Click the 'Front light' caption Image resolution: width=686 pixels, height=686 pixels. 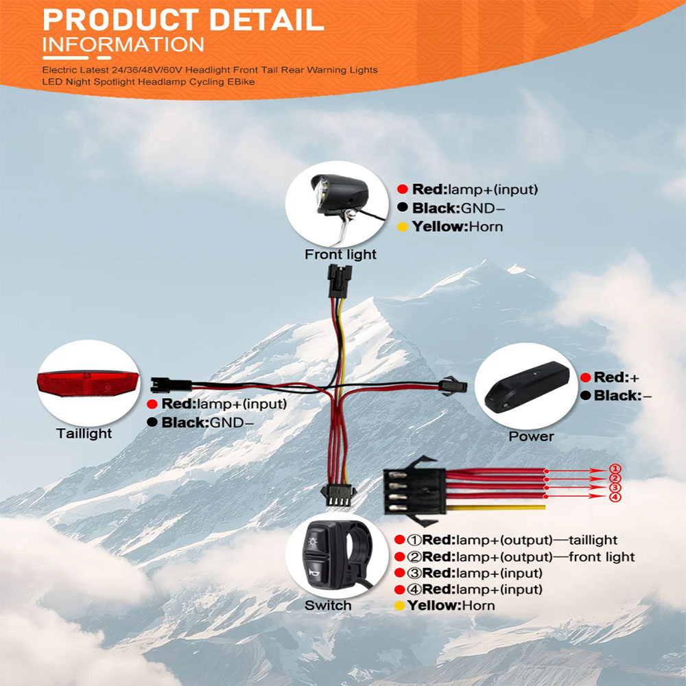click(x=340, y=255)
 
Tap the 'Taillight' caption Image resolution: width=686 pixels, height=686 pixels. click(x=84, y=433)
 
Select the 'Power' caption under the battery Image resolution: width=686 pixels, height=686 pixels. click(x=531, y=436)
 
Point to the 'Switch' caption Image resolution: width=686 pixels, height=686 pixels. click(x=328, y=606)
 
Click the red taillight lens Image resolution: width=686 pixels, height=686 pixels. click(x=88, y=383)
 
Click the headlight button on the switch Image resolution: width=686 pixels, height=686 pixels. click(x=313, y=543)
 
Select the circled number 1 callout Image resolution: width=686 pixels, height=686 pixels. click(x=615, y=469)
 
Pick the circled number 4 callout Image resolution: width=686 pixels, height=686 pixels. click(x=615, y=497)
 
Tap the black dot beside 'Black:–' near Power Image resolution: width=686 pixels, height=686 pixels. click(x=586, y=396)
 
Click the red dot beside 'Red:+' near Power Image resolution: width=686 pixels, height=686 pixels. click(x=586, y=377)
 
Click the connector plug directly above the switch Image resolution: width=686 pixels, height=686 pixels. click(x=338, y=495)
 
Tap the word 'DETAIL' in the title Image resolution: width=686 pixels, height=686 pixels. click(x=267, y=20)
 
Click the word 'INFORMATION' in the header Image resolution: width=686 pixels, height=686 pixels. click(x=123, y=45)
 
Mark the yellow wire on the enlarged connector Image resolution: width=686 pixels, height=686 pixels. click(x=495, y=508)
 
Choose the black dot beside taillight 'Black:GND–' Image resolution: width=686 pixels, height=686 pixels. click(x=152, y=422)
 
